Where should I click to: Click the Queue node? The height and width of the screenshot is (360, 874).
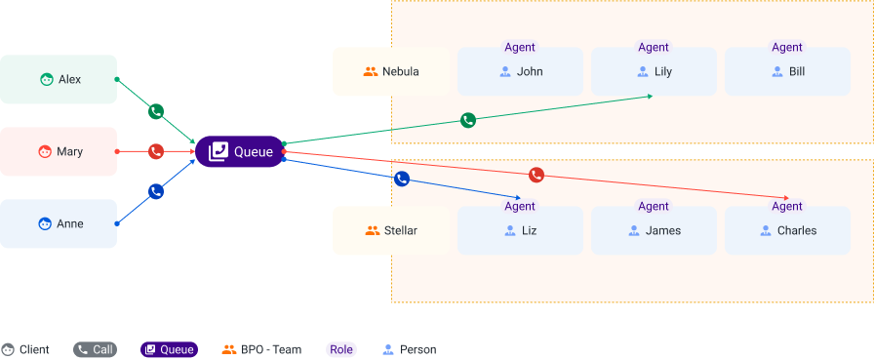(x=240, y=151)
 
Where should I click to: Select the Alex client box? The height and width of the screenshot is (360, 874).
(x=59, y=79)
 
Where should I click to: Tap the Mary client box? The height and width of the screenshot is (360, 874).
(x=59, y=151)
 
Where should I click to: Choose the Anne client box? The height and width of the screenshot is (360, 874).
(x=59, y=223)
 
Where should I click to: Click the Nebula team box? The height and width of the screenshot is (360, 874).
(x=391, y=71)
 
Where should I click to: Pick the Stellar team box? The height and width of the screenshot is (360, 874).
(x=391, y=230)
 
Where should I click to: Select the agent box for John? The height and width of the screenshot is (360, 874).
(x=520, y=71)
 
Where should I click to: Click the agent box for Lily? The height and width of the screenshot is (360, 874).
(x=654, y=71)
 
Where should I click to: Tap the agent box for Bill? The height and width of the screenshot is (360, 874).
(x=787, y=71)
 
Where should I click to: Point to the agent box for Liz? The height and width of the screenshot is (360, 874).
(x=520, y=230)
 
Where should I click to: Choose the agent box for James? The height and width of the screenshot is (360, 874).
(x=654, y=230)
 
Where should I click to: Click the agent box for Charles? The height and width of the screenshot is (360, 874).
(x=787, y=230)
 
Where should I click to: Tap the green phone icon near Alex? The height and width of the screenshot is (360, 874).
(x=156, y=111)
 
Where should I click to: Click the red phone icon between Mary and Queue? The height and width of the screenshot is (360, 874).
(x=156, y=151)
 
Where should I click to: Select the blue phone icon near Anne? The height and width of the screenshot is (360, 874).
(x=156, y=191)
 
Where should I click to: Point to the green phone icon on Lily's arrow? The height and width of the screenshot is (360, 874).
(x=468, y=120)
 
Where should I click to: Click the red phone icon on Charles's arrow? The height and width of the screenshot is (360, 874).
(x=536, y=175)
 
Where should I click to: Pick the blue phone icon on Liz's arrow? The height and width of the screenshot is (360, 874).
(x=401, y=179)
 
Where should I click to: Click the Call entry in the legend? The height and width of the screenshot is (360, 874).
(x=95, y=349)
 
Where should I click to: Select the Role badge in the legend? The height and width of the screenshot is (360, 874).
(x=341, y=349)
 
